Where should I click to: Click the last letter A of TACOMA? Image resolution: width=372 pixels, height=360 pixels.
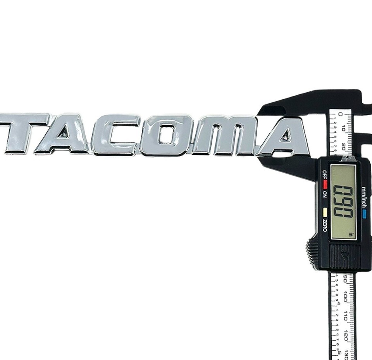[x=285, y=136]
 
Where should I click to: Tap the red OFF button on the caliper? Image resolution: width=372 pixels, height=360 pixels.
[x=325, y=182]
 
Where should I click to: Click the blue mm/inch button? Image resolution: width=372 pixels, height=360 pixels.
[x=364, y=213]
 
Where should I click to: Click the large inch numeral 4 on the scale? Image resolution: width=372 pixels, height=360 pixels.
[x=338, y=303]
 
